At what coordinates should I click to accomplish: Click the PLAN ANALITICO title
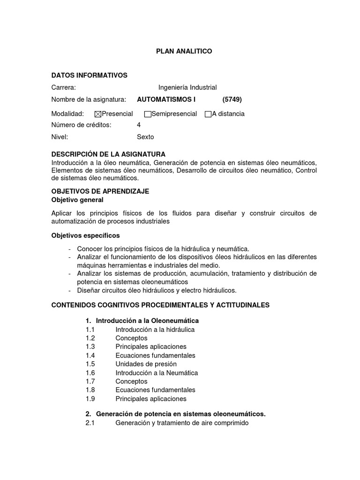[184, 51]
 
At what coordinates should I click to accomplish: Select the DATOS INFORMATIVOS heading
[89, 75]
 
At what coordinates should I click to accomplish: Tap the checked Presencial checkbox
[98, 114]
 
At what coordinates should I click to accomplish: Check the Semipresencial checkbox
[148, 114]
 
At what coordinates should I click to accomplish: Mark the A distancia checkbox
[208, 114]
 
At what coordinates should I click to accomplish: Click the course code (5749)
[232, 99]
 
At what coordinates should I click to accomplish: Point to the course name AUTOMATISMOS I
[166, 99]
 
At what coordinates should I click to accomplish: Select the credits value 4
[139, 125]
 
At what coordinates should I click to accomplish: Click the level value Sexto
[145, 137]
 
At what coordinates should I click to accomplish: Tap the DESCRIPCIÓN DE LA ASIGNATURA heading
[108, 154]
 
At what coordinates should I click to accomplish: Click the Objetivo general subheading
[81, 200]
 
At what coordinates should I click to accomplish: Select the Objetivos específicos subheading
[85, 235]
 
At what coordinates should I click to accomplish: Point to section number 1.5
[90, 364]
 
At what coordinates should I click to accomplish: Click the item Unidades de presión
[146, 364]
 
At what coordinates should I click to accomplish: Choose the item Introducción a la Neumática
[157, 373]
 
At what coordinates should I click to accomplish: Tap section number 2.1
[90, 423]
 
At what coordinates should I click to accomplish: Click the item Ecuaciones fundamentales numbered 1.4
[155, 355]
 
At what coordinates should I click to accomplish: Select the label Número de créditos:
[81, 125]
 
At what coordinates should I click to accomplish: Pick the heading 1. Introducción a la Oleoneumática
[142, 321]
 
